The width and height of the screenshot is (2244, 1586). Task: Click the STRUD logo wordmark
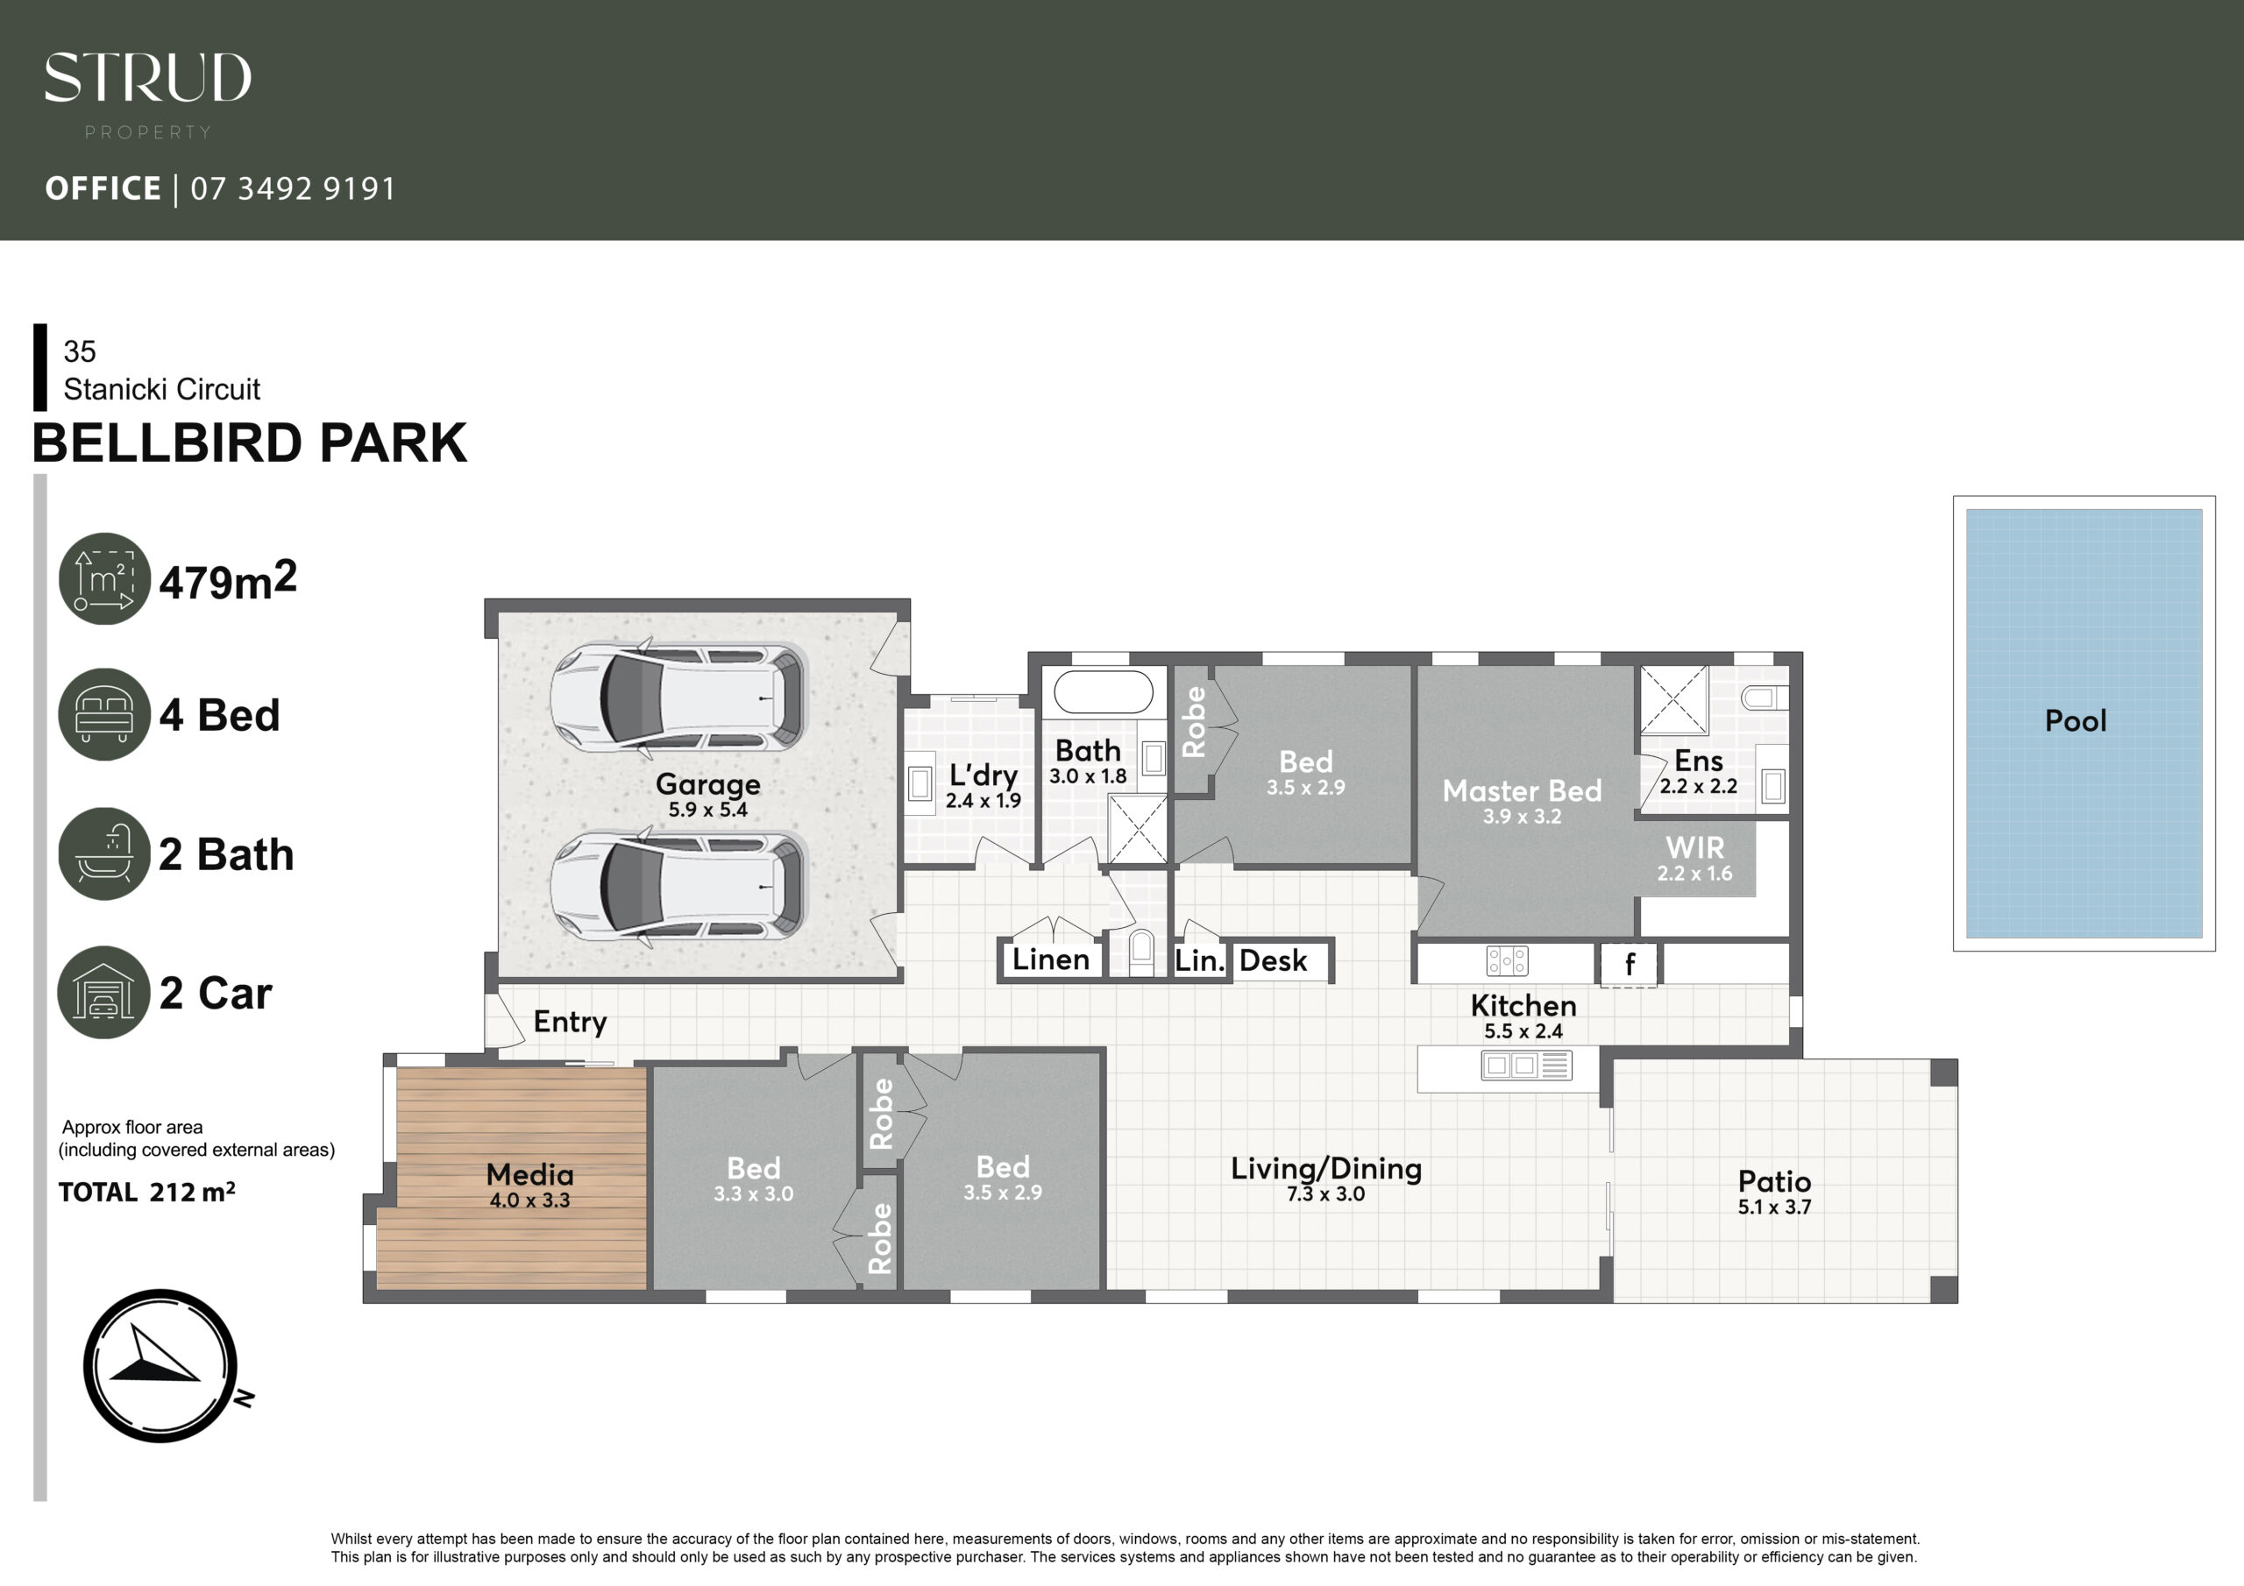pos(147,77)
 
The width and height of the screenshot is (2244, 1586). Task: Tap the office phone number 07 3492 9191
pos(293,188)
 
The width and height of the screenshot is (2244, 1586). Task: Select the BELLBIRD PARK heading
pos(249,443)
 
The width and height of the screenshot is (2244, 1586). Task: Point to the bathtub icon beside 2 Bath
pos(104,853)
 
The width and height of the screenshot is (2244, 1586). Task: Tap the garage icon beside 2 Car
pos(103,992)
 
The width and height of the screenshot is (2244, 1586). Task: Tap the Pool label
pos(2075,721)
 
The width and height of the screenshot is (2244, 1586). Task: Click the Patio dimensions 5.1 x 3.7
pos(1774,1207)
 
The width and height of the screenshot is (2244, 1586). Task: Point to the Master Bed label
pos(1522,790)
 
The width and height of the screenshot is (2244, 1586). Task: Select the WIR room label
pos(1694,847)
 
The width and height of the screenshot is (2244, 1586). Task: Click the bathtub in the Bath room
pos(1104,692)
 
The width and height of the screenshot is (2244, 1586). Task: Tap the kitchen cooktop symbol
pos(1506,961)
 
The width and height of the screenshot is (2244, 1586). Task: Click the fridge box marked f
pos(1629,966)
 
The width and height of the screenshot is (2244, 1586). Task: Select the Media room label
pos(529,1174)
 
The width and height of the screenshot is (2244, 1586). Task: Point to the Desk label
pos(1273,960)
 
